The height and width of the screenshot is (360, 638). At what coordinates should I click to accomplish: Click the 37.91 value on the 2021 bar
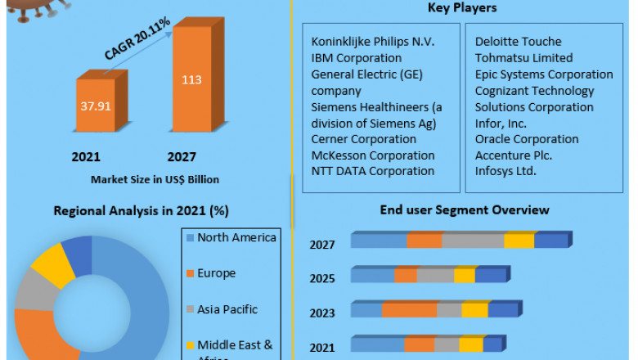click(95, 105)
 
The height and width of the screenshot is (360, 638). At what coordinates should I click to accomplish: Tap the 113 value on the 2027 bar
click(191, 80)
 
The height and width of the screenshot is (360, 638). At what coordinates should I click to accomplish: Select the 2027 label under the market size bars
click(182, 156)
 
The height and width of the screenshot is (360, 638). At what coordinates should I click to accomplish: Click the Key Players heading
click(462, 8)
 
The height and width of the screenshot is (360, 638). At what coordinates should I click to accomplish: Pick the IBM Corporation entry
click(357, 58)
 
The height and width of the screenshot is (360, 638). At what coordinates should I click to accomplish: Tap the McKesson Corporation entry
click(373, 155)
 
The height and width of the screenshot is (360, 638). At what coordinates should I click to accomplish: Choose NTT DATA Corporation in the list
click(373, 171)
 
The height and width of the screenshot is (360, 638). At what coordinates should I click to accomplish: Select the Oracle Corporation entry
click(527, 139)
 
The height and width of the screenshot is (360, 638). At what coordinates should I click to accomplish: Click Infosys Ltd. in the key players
click(505, 171)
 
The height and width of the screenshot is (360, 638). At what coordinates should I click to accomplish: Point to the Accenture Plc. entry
click(514, 155)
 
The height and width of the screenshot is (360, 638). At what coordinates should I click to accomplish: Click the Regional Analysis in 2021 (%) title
click(141, 211)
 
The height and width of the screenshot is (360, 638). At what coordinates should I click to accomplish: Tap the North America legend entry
click(236, 238)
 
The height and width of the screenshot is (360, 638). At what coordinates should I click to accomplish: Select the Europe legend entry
click(216, 273)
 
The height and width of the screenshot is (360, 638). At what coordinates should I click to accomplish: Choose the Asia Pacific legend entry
click(227, 309)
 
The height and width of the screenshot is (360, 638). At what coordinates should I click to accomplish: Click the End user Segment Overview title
click(465, 210)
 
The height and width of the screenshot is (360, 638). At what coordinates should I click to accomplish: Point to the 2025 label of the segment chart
click(322, 278)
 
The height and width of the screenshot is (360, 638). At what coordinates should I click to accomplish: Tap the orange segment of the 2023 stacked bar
click(409, 310)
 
